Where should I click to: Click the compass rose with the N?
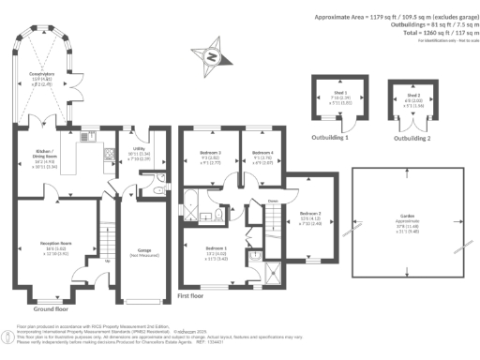[212, 56]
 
